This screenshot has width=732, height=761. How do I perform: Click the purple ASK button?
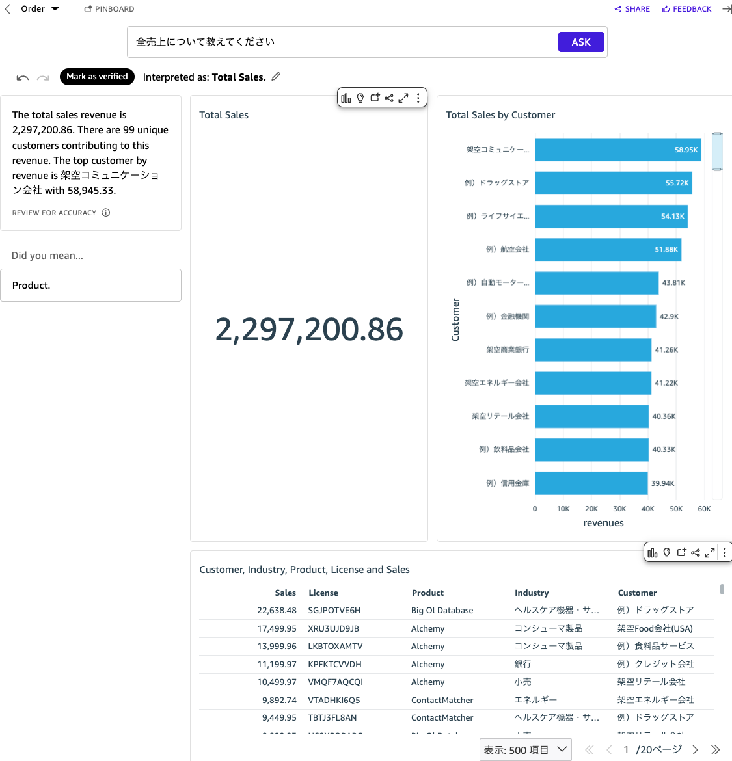[x=581, y=42]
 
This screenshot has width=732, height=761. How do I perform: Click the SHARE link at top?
[x=632, y=9]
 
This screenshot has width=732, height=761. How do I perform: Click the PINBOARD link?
[x=109, y=9]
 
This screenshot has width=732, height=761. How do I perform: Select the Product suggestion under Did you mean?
[x=90, y=286]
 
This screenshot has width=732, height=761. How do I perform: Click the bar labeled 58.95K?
[x=617, y=150]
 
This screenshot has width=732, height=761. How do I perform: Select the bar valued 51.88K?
[x=608, y=250]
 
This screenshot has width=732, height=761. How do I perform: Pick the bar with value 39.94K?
[x=591, y=483]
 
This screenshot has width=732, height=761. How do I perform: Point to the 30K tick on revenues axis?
[x=619, y=509]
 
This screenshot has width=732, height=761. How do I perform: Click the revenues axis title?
[x=603, y=523]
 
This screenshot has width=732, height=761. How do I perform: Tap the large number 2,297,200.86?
[x=309, y=329]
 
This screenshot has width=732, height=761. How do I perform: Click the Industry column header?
[x=532, y=593]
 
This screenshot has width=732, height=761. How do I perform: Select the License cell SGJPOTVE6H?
[x=334, y=611]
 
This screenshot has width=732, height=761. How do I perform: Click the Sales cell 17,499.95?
[x=277, y=628]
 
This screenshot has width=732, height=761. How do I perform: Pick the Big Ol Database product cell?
[x=442, y=611]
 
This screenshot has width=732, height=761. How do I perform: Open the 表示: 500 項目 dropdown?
[x=526, y=750]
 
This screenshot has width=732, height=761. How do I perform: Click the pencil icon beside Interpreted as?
[x=276, y=77]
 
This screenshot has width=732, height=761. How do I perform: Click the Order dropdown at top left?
[x=40, y=9]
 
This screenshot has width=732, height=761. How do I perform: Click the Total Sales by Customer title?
[x=500, y=115]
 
